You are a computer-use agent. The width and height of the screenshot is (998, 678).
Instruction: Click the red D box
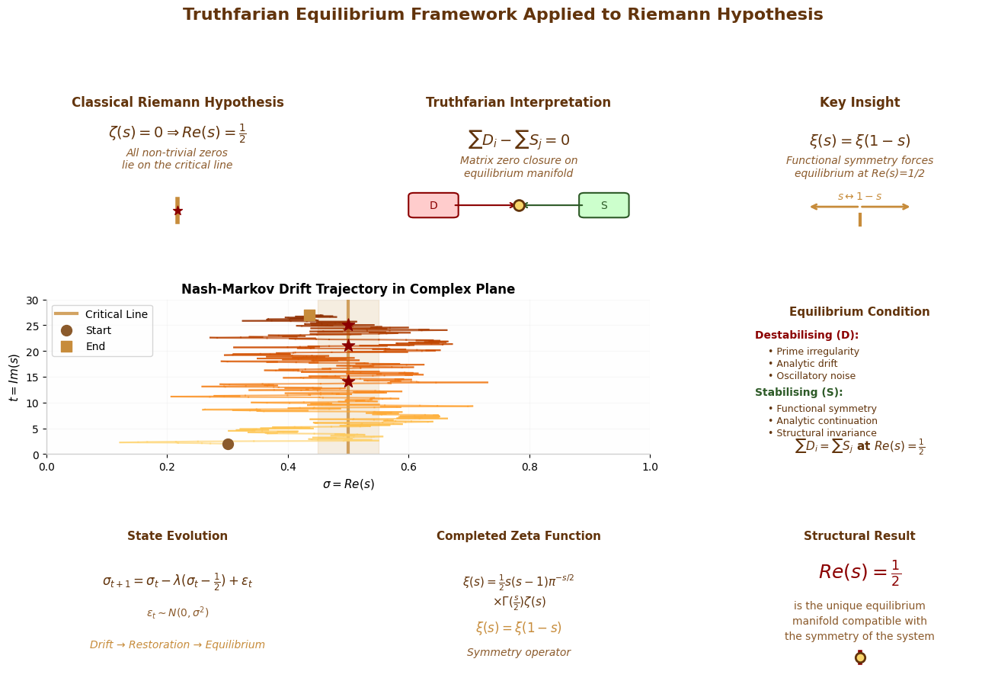[433, 205]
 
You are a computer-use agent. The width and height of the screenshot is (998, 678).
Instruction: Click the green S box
[603, 205]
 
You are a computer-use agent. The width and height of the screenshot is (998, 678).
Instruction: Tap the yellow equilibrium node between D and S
[519, 205]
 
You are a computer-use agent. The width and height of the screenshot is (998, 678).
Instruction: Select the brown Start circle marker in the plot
[228, 444]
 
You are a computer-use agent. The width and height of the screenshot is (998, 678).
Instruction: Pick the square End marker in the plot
[309, 315]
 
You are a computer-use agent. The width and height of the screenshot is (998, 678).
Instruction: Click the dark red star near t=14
[348, 381]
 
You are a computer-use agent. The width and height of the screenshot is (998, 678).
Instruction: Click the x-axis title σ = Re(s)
[348, 484]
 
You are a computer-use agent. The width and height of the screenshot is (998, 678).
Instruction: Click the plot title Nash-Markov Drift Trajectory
[348, 289]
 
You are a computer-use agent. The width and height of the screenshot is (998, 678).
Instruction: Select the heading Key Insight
[859, 102]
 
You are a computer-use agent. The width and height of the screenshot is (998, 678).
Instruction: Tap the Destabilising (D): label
[806, 335]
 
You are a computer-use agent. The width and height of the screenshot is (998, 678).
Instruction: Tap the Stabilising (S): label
[798, 392]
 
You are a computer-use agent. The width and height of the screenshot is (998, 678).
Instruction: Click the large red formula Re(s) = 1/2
[859, 572]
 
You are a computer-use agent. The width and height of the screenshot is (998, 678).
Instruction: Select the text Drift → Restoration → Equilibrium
[178, 644]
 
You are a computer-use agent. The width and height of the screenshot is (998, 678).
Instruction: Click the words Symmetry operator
[519, 652]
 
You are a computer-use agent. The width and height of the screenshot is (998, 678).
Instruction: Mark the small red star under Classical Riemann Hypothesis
[178, 210]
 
